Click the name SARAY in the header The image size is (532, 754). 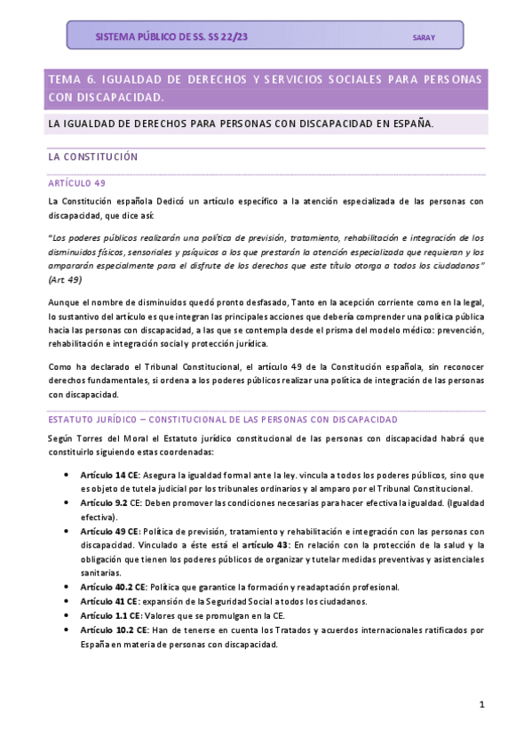tap(424, 37)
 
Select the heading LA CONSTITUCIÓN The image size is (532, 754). tap(92, 156)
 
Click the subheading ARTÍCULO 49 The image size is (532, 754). tap(76, 182)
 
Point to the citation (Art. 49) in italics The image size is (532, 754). tap(67, 279)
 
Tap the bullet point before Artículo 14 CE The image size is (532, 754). tap(68, 476)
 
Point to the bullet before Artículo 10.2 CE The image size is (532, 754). tap(68, 630)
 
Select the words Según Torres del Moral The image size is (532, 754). tap(93, 438)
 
